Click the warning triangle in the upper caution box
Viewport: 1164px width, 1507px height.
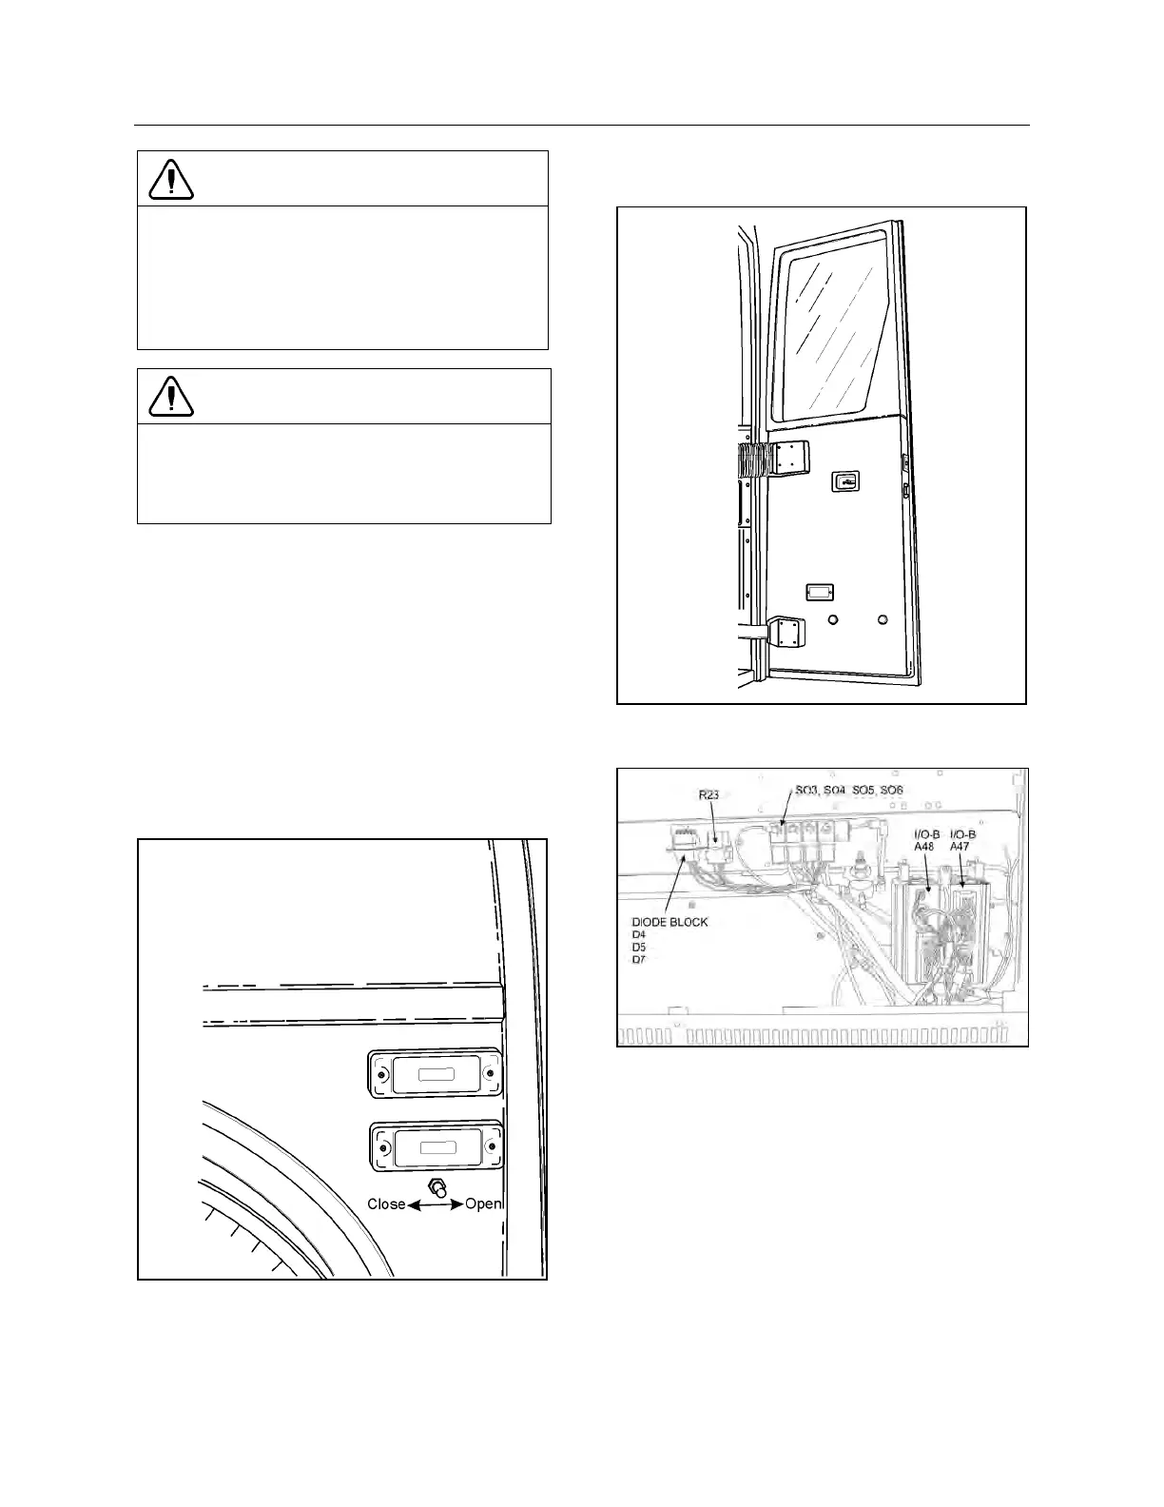pos(171,178)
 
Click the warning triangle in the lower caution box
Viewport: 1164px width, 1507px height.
pos(171,396)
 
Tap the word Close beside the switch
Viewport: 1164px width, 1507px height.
pos(386,1204)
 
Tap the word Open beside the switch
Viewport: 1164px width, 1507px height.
pos(483,1204)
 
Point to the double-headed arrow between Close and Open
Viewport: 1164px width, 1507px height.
pos(436,1204)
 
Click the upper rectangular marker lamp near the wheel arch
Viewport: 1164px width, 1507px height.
pos(436,1073)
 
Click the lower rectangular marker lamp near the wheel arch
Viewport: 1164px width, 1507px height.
pos(436,1146)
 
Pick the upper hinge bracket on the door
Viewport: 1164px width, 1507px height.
pos(787,460)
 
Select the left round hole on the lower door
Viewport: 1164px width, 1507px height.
pos(833,620)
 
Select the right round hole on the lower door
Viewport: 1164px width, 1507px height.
pos(883,620)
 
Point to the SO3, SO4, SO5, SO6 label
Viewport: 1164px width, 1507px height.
pos(848,791)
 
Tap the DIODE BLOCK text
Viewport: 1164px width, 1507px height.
pos(669,922)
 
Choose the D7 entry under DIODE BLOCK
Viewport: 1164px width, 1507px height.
pos(639,959)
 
